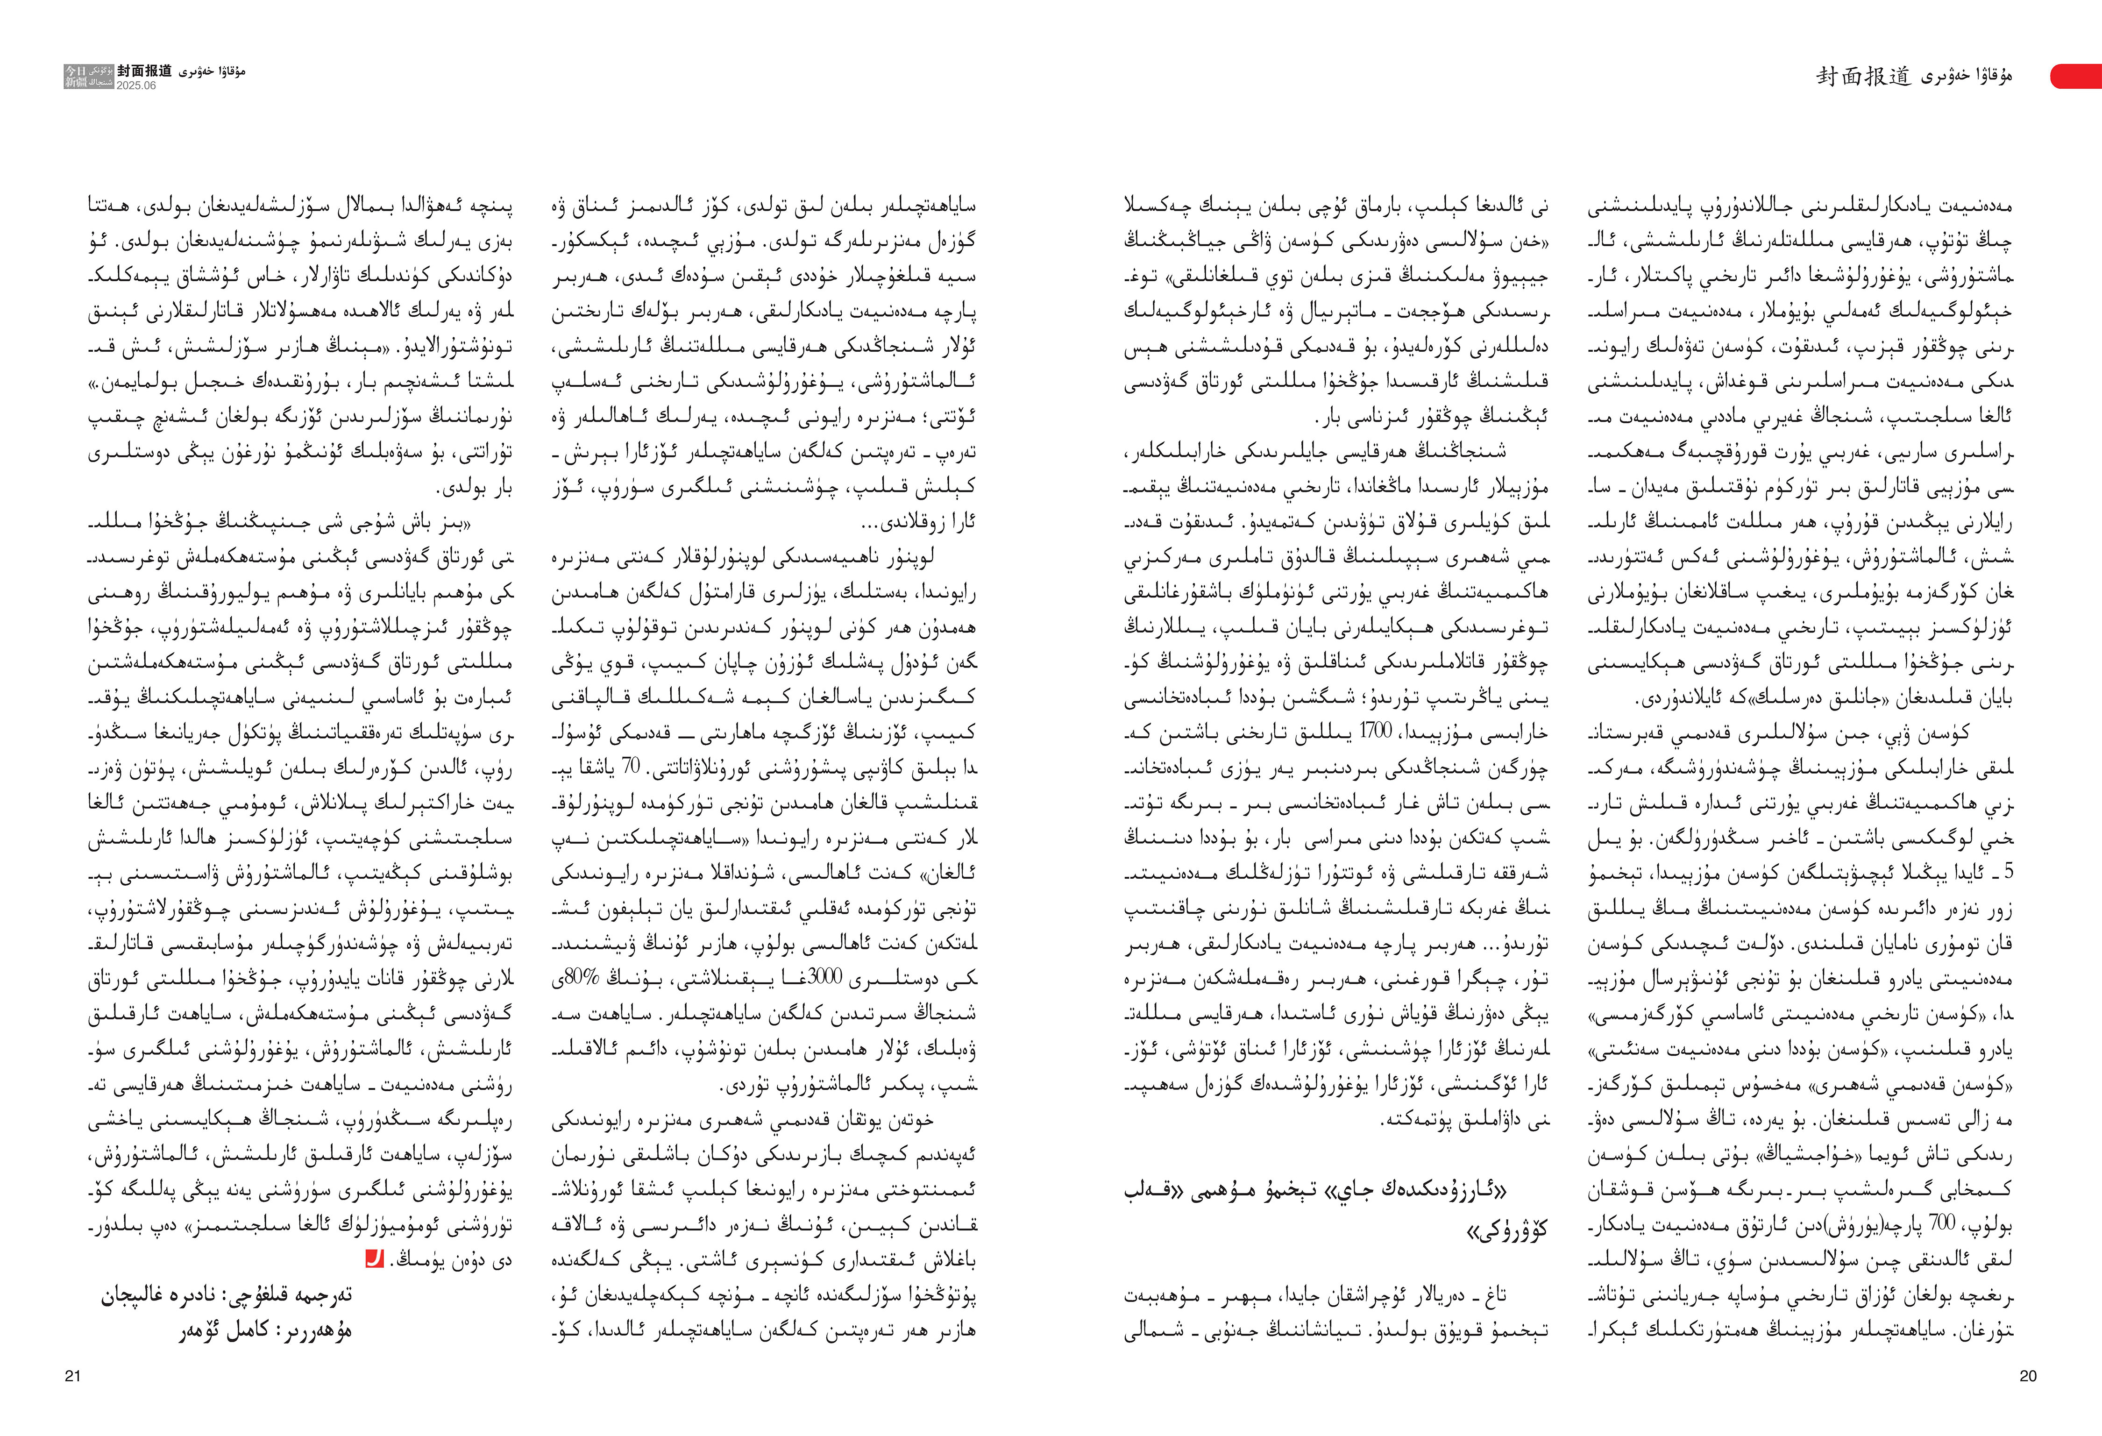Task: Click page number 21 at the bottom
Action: [72, 1376]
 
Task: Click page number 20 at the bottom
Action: [2028, 1376]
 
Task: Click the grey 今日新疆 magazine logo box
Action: [88, 77]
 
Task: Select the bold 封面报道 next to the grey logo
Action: [144, 71]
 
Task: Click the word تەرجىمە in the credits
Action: [321, 1295]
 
